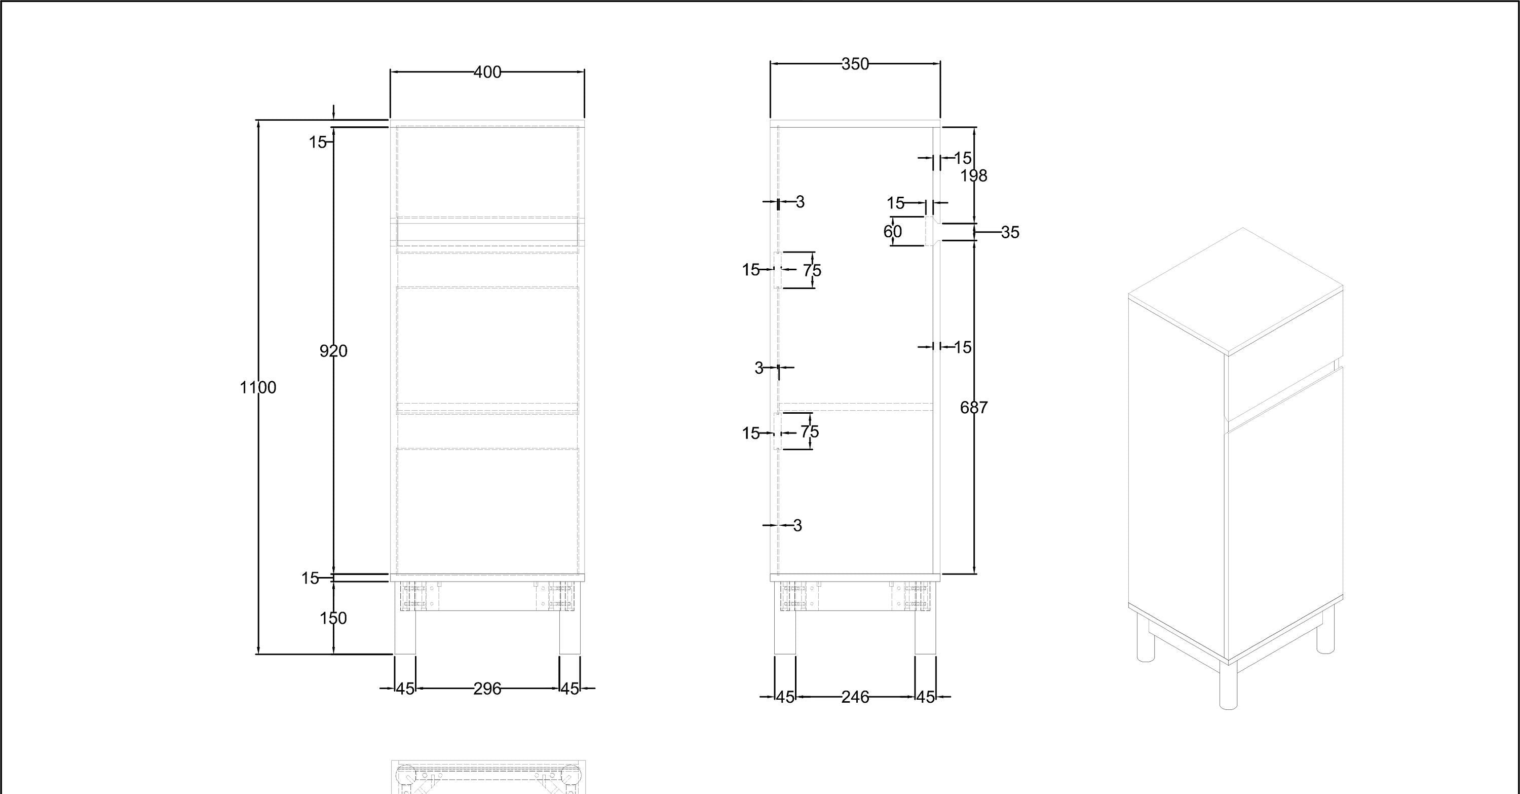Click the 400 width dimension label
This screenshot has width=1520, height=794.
tap(487, 72)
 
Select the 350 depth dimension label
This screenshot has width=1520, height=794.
tap(855, 64)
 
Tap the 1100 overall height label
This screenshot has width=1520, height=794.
tap(258, 388)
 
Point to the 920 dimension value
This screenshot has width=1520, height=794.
tap(333, 351)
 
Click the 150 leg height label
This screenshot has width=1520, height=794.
tap(333, 619)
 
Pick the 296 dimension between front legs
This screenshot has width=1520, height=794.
tap(487, 689)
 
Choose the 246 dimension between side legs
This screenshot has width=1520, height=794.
tap(855, 697)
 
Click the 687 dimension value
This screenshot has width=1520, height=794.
tap(974, 407)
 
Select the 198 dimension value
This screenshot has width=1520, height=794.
tap(974, 175)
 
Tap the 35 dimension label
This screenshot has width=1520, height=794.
tap(1010, 233)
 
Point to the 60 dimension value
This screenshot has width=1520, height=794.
tap(893, 231)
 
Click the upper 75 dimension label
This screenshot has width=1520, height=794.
tap(812, 270)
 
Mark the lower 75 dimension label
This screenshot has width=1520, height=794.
tap(810, 432)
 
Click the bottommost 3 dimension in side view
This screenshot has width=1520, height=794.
tap(798, 525)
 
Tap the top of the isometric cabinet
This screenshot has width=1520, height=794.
tap(1236, 291)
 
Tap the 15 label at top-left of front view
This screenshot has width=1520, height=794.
tap(318, 142)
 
